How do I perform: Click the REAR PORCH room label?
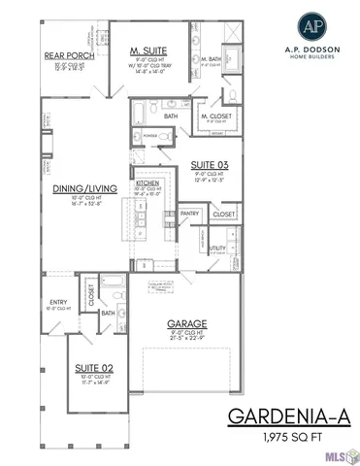pos(69,55)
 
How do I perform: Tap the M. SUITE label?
pos(149,50)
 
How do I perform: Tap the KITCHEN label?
pos(147,182)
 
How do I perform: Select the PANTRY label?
pos(188,213)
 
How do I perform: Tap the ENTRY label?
pos(56,303)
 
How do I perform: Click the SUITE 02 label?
pos(93,369)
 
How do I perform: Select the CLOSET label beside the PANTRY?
pos(223,213)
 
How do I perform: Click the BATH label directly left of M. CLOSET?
pos(171,116)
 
